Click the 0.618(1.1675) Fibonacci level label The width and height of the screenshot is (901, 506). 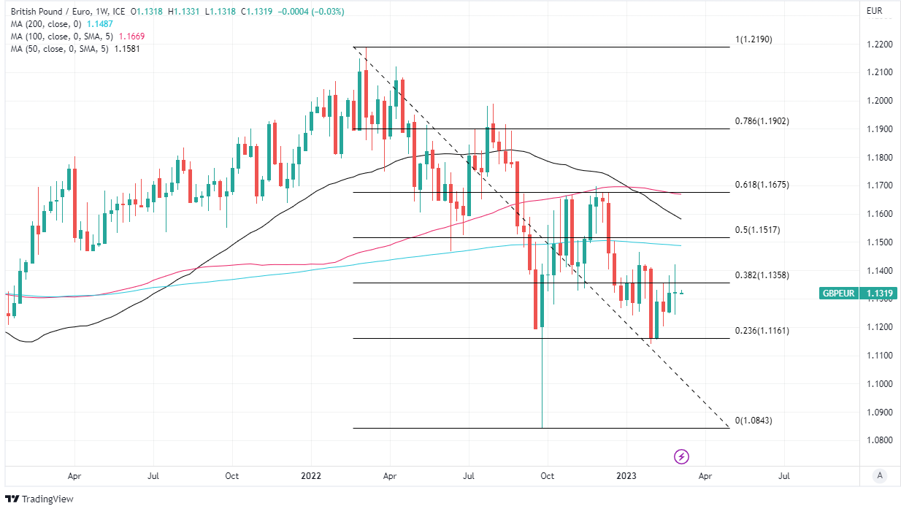[762, 185]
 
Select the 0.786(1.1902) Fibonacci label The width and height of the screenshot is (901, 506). [762, 121]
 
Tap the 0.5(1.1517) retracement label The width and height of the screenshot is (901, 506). [757, 230]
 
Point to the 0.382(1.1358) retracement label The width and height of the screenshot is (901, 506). [762, 275]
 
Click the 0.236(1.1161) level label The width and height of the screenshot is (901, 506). [762, 331]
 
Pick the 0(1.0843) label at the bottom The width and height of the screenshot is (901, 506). [754, 421]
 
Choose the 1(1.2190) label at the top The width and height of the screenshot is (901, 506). [754, 39]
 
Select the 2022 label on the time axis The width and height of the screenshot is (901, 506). [311, 475]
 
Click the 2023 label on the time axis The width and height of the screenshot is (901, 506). [626, 475]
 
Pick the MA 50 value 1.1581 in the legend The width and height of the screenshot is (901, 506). [126, 48]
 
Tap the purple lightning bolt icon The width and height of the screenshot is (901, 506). [681, 457]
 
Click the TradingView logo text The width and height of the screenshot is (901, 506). [47, 499]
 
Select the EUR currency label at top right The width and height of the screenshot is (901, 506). [875, 11]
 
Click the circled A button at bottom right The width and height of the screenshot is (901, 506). [880, 475]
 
